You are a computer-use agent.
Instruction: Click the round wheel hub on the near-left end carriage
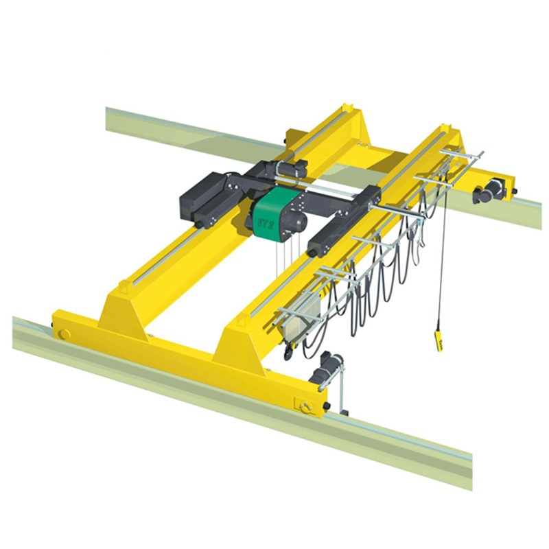tap(64, 334)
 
